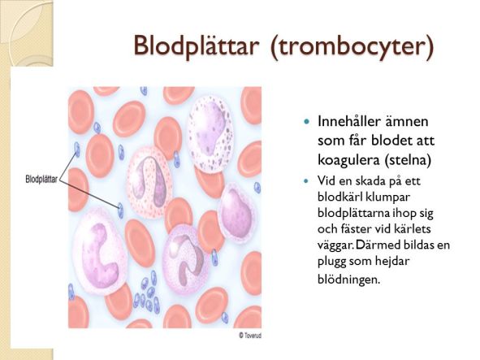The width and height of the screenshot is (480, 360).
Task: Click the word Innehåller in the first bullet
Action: click(346, 121)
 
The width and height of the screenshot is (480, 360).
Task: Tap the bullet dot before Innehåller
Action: click(306, 121)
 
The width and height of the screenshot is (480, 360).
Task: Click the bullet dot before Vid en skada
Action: click(306, 180)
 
